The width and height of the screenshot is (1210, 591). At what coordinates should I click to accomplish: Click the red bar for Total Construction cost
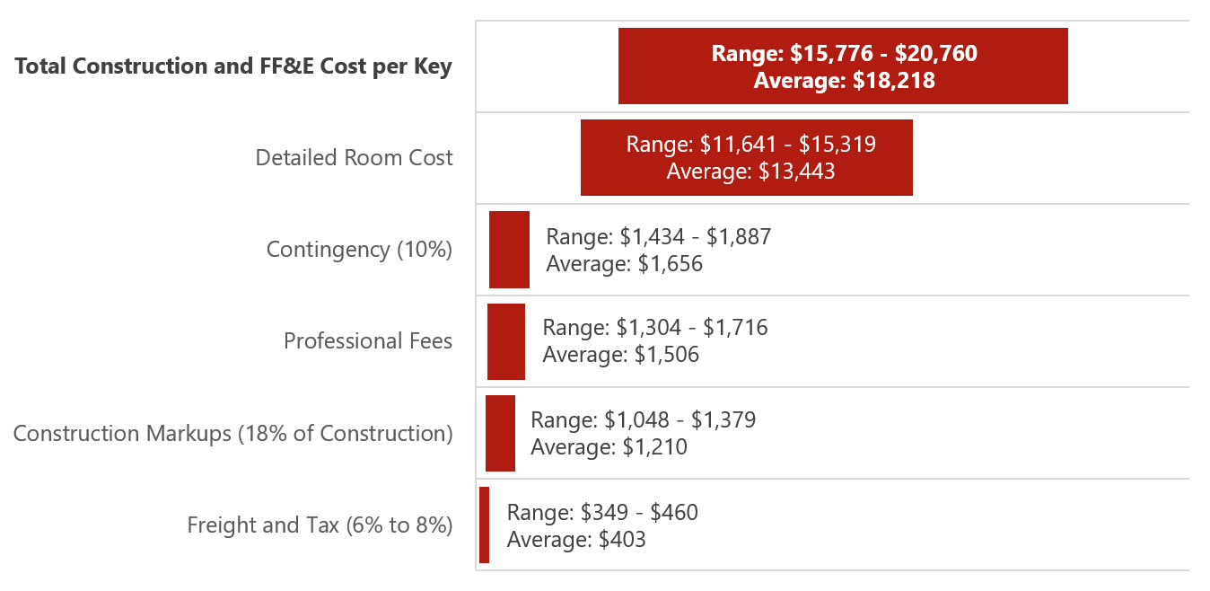point(843,66)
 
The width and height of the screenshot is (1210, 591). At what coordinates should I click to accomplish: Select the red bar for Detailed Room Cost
point(746,157)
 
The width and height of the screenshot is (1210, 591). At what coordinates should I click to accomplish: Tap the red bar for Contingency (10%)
point(509,250)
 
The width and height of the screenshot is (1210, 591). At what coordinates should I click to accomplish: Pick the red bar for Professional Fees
point(506,341)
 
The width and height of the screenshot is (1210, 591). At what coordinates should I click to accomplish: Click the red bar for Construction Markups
point(500,433)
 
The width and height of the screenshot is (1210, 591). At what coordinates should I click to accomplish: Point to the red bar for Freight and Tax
point(485,525)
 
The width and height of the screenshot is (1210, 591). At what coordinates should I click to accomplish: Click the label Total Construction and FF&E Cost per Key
point(233,66)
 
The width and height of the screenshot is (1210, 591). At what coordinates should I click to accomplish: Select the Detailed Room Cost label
point(354,158)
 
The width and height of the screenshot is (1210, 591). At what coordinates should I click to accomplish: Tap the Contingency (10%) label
point(359,250)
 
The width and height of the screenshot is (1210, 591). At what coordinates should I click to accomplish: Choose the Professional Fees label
point(368,341)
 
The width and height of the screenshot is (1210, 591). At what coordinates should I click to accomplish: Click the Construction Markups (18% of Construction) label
point(232,434)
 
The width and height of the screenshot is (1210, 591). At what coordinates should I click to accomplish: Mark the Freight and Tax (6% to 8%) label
point(320,525)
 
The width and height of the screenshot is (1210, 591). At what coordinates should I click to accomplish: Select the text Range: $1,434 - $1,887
point(658,237)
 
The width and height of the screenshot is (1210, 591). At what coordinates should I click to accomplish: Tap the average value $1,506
point(666,355)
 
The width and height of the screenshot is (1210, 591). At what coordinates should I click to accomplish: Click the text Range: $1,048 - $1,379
point(643,419)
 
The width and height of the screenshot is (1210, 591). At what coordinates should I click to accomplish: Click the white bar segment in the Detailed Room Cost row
point(528,157)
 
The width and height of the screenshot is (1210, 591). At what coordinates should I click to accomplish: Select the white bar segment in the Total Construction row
point(547,66)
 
